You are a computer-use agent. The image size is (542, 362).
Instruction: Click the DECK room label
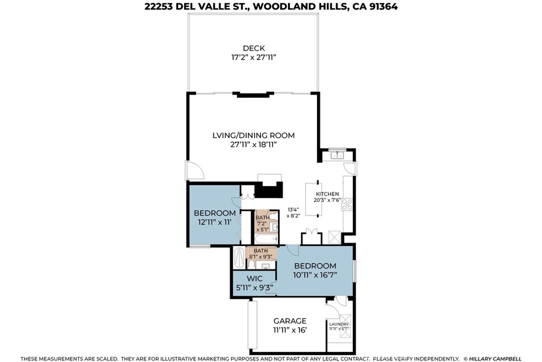point(254,48)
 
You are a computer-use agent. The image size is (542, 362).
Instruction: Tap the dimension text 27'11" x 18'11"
point(254,145)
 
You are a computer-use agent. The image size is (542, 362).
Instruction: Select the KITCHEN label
point(327,194)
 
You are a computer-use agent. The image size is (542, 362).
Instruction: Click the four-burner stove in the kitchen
point(347,204)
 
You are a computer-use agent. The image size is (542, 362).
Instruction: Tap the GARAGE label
point(290,321)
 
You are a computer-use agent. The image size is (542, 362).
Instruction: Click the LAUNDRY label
point(339,324)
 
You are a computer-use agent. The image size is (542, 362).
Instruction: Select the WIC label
point(255,279)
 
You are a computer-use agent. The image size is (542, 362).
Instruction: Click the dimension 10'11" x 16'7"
point(315,275)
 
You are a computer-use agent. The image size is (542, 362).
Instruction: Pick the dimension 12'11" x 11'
point(214,222)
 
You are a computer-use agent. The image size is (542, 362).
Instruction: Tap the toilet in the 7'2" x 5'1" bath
point(273,217)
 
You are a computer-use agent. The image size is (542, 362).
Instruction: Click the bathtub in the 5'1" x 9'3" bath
point(239,258)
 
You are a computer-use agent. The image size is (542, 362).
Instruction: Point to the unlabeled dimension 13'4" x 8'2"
point(293,212)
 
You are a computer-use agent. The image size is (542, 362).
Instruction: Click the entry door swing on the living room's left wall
point(195,171)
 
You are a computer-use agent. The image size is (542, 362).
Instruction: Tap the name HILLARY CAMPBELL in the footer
point(495,358)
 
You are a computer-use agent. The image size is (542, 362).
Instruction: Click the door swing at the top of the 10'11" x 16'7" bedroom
point(292,250)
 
